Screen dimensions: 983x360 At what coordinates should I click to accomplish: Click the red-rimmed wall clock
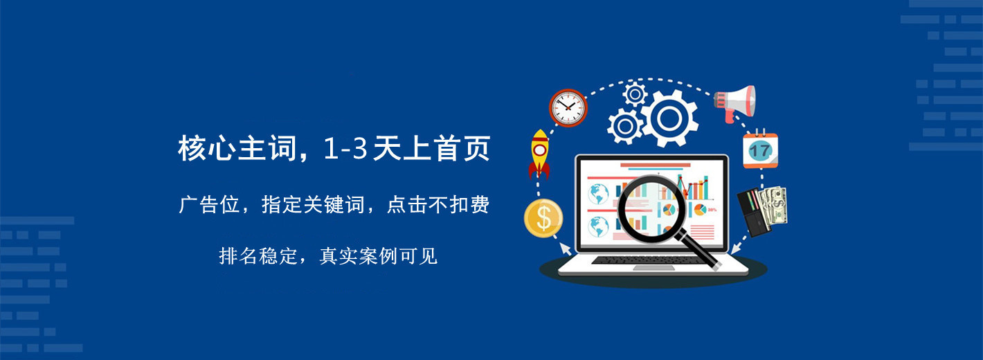coord(568,107)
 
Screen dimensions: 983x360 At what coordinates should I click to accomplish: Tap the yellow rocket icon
coord(539,154)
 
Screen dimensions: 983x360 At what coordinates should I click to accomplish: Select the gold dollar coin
coord(543,218)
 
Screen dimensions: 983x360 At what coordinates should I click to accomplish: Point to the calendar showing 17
coord(760,149)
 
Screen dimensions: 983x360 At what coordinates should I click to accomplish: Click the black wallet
coord(753,213)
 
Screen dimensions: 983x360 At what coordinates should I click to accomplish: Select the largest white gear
coord(669,118)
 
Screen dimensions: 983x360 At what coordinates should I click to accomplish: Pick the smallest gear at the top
coord(635,94)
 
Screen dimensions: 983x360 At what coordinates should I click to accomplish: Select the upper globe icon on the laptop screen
coord(598,194)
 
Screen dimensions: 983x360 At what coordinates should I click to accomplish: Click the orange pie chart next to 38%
coord(699,209)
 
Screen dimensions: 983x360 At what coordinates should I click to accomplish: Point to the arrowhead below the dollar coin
coord(565,249)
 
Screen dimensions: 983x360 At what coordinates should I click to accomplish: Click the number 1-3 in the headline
coord(345,148)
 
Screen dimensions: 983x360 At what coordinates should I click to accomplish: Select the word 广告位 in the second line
coord(209,205)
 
